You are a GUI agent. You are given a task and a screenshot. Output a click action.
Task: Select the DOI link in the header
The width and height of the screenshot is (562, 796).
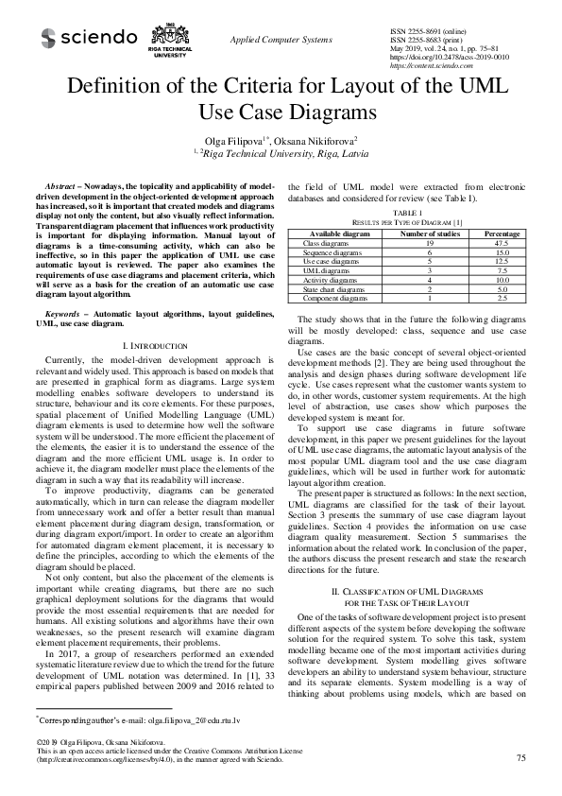pos(449,57)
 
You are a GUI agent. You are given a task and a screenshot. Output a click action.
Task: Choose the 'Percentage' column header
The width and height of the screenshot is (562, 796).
pos(501,233)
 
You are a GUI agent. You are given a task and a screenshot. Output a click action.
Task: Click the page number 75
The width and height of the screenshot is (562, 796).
pos(521,758)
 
